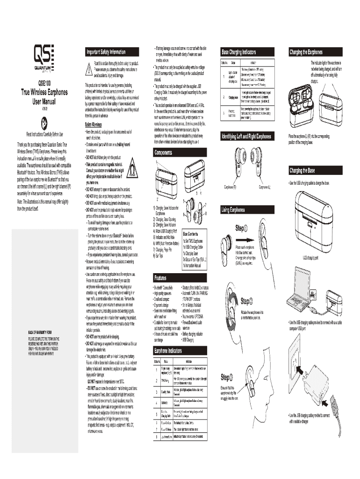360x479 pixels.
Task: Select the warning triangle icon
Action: pos(88,70)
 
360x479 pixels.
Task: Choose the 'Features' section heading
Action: pos(162,278)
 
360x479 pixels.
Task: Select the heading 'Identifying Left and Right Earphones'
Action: pos(247,136)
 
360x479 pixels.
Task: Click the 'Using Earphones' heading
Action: pos(233,209)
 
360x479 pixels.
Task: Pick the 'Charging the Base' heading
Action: pos(302,170)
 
